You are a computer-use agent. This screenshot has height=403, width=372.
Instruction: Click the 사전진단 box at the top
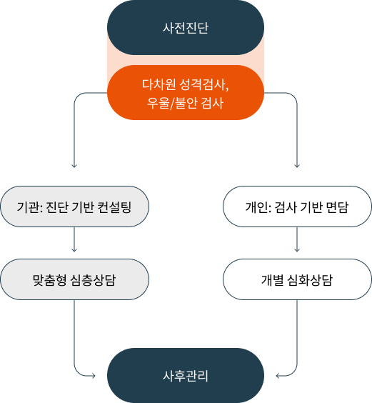click(186, 27)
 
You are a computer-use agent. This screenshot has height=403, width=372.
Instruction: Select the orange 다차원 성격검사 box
click(186, 92)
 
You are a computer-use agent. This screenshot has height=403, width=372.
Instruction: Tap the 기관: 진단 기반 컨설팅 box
click(74, 207)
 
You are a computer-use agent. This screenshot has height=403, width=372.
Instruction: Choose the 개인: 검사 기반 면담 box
click(297, 207)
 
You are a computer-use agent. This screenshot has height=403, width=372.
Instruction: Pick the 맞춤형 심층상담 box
click(74, 279)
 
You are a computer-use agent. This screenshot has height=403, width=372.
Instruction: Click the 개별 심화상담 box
click(297, 279)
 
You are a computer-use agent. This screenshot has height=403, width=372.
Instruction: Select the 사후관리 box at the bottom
click(186, 376)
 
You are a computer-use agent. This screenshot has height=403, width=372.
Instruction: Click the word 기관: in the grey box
click(29, 207)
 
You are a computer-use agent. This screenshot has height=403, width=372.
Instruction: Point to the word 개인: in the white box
click(258, 207)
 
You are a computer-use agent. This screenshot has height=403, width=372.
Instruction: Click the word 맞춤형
click(49, 280)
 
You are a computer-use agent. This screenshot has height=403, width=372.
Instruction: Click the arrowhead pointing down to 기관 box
click(74, 166)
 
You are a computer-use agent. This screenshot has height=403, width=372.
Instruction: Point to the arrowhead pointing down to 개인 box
click(297, 166)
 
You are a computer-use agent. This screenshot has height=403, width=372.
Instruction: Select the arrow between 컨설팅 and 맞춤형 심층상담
click(74, 239)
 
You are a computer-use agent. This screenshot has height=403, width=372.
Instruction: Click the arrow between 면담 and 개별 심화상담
click(297, 239)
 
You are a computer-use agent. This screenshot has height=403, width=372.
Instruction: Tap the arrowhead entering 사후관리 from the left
click(94, 376)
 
